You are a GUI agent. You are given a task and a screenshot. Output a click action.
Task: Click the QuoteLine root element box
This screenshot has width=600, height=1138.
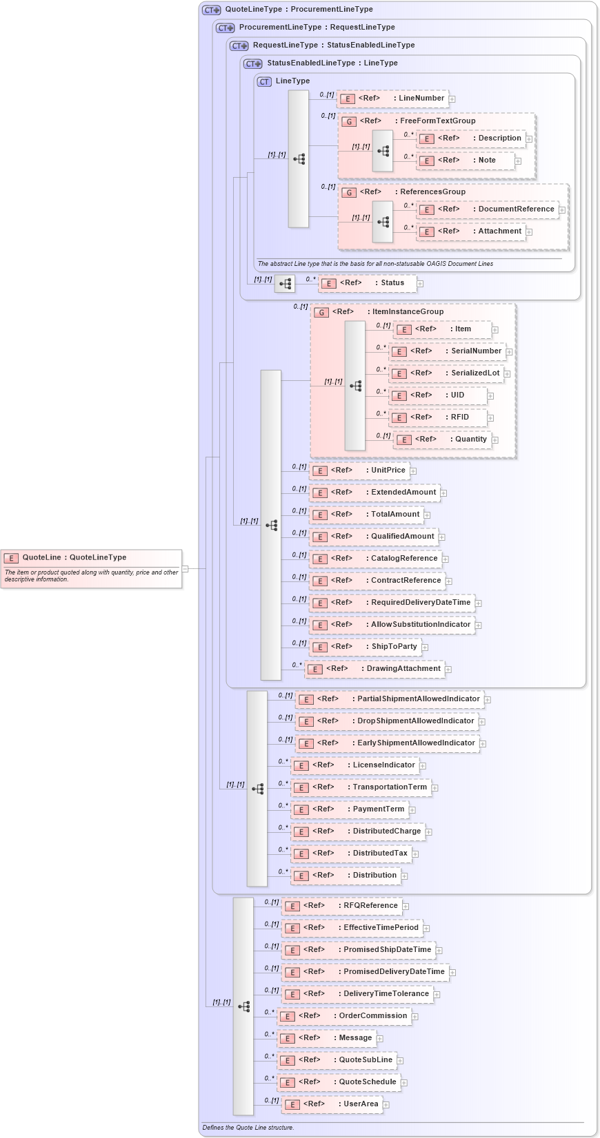click(x=91, y=568)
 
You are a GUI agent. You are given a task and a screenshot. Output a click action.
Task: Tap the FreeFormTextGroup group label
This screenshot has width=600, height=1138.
click(x=437, y=121)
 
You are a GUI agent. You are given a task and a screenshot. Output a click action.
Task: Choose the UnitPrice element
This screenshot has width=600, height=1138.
click(x=359, y=470)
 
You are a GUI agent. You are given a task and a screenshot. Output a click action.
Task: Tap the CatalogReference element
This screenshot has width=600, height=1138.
click(x=375, y=559)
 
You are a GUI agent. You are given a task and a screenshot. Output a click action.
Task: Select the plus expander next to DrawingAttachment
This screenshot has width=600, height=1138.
click(x=448, y=669)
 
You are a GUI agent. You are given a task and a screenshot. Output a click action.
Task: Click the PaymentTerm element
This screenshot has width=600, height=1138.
click(x=350, y=809)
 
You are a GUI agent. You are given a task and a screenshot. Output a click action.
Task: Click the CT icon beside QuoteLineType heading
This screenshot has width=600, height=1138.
click(x=211, y=10)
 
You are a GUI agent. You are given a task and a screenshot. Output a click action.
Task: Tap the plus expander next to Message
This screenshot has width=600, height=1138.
click(x=380, y=1039)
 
